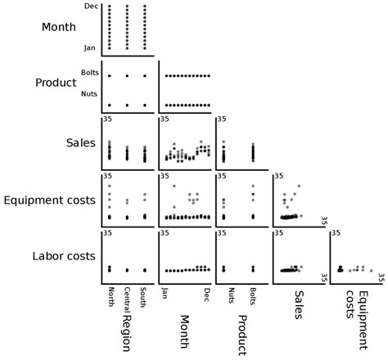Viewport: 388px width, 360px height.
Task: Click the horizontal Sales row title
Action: click(x=81, y=143)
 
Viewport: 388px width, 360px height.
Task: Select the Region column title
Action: click(x=126, y=333)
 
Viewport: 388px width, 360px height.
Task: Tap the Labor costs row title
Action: click(x=64, y=256)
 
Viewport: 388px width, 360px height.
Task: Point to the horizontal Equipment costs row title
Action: click(x=50, y=200)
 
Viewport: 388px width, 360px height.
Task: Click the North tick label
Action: click(x=111, y=297)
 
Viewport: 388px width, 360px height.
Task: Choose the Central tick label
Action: click(x=127, y=299)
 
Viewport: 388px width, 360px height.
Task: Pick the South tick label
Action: click(x=142, y=297)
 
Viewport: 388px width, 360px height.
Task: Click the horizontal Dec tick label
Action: click(x=91, y=6)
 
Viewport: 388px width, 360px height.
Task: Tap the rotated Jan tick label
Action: click(x=165, y=293)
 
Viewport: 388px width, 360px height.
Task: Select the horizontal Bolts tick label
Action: click(x=90, y=73)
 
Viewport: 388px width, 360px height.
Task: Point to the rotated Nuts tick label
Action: click(x=231, y=295)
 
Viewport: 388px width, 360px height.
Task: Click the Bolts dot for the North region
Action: click(x=110, y=76)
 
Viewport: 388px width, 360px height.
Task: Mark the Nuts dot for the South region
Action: click(x=145, y=106)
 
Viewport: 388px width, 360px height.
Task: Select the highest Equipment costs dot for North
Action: click(x=110, y=186)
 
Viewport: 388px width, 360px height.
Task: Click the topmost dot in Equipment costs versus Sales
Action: click(x=299, y=186)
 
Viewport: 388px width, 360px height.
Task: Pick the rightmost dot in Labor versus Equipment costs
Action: click(x=371, y=271)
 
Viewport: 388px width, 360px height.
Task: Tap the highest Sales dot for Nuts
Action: click(x=223, y=142)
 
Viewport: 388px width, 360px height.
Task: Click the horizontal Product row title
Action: click(x=56, y=83)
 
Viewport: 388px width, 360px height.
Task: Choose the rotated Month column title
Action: click(x=185, y=332)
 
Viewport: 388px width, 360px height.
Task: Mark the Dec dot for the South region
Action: click(x=145, y=6)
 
